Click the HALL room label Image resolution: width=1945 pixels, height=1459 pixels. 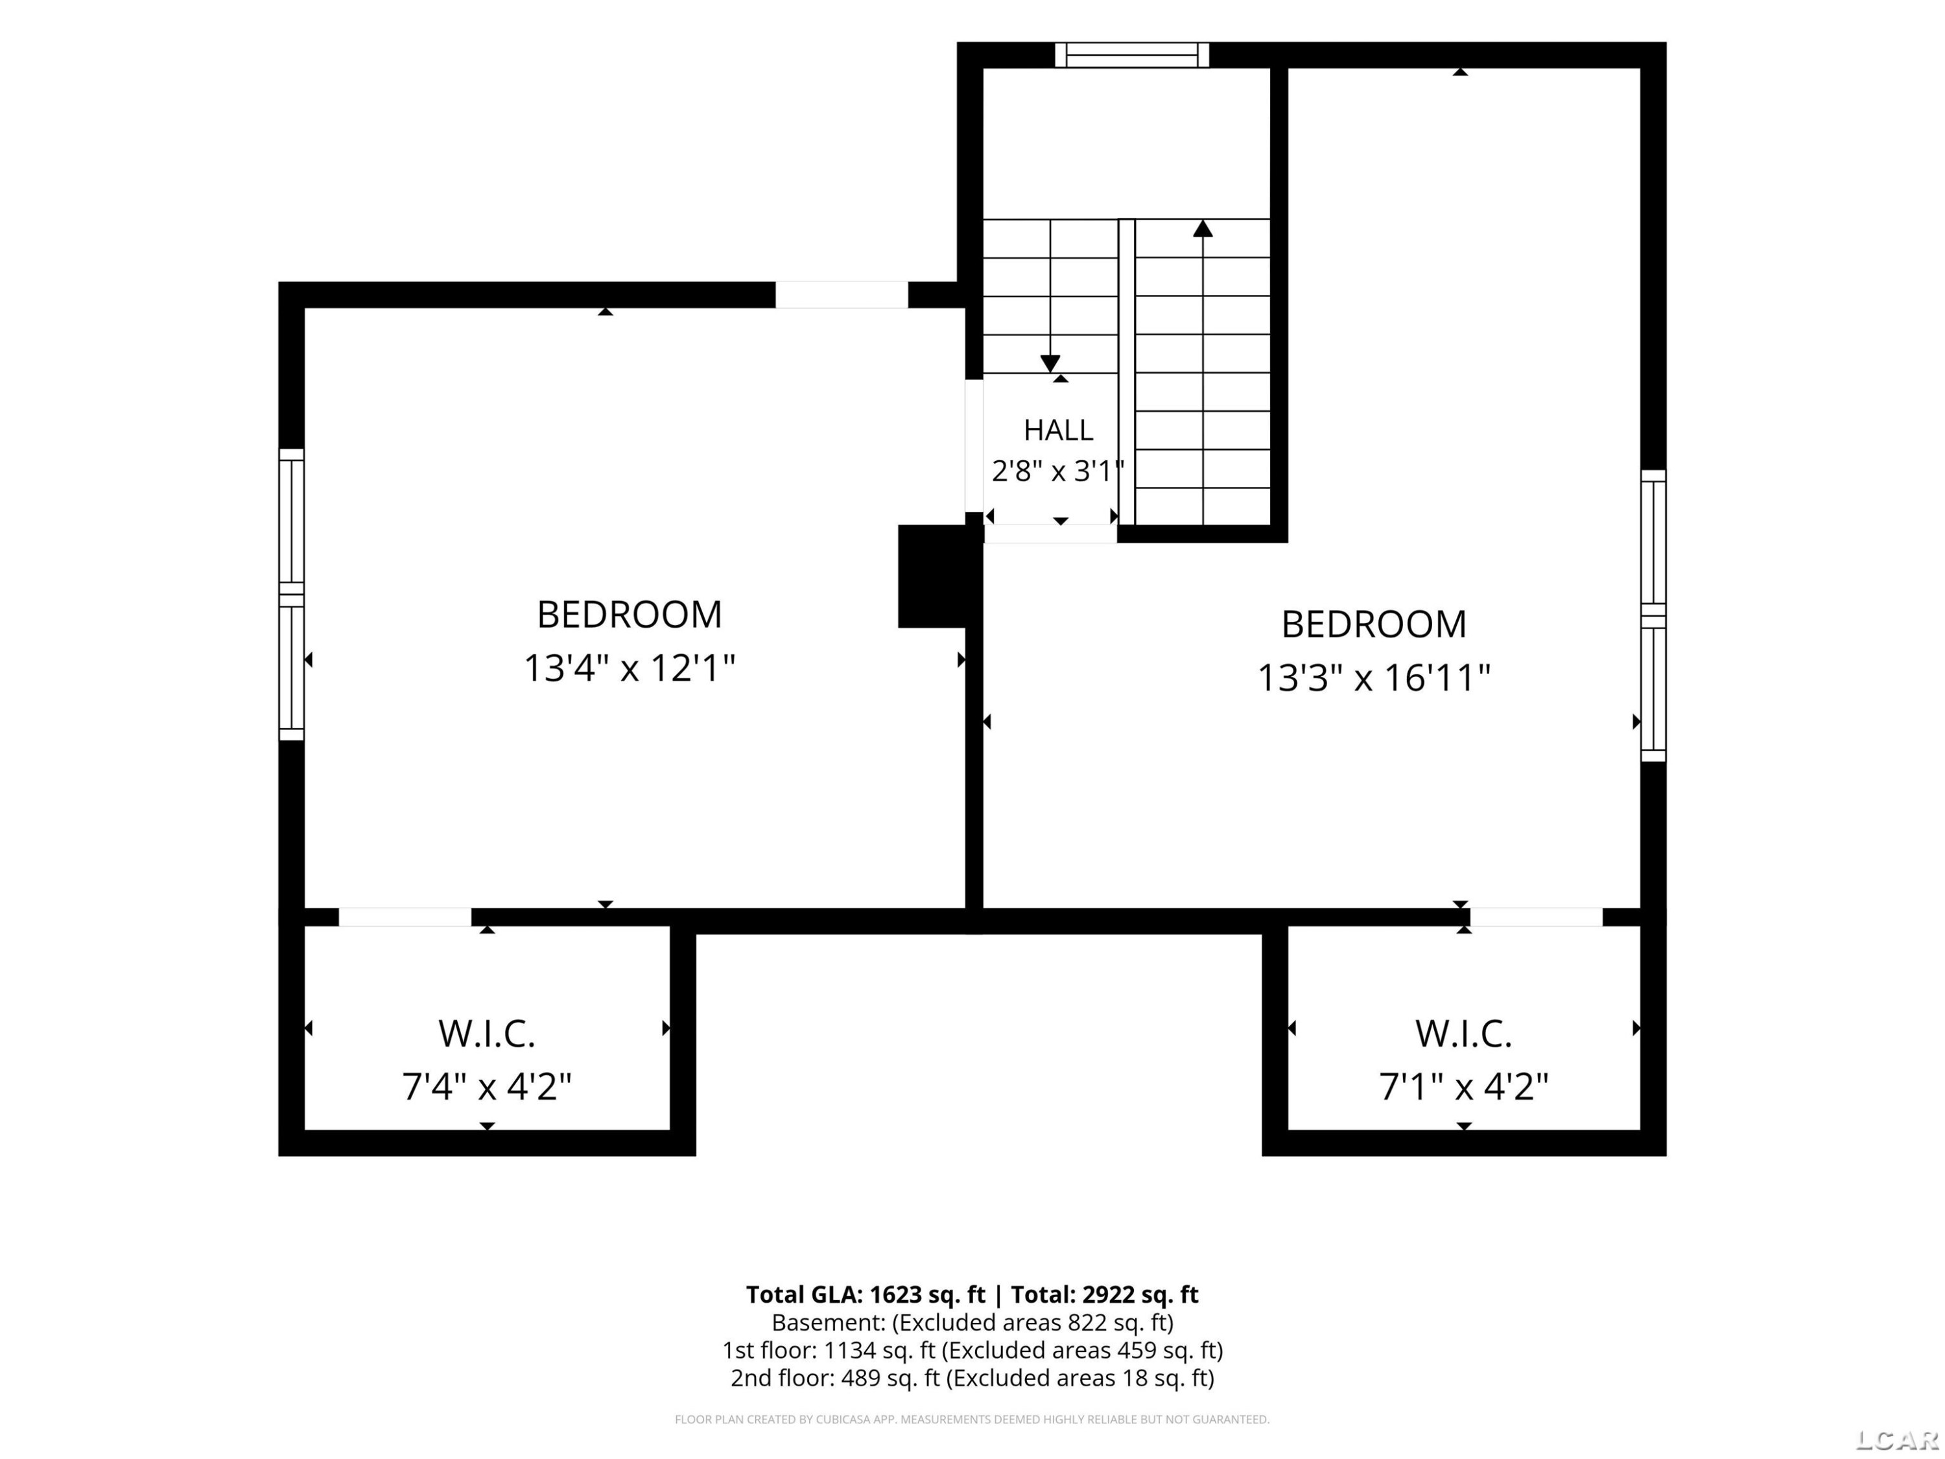pos(1058,430)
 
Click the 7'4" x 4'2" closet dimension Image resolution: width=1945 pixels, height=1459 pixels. pos(486,1087)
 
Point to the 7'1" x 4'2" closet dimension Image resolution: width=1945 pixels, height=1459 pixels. pos(1463,1087)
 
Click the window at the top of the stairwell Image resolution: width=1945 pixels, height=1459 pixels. pos(1131,54)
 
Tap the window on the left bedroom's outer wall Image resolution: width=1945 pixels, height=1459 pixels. pos(291,595)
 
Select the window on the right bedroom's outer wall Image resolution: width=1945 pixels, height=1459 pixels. pos(1653,615)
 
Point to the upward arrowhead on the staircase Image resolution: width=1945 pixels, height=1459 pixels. pos(1203,229)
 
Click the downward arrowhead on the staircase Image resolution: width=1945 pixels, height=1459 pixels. pos(1050,363)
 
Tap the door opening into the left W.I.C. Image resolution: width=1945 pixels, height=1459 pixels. pos(405,916)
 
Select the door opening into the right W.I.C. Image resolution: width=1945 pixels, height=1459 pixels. pos(1536,916)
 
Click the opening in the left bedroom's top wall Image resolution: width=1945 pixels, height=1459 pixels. pos(842,294)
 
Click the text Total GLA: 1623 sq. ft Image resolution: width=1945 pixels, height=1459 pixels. pos(866,1294)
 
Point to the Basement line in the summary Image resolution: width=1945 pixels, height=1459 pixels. pos(972,1323)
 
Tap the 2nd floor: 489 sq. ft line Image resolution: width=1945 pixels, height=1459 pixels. pos(972,1378)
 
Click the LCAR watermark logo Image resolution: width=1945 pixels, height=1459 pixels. pos(1896,1440)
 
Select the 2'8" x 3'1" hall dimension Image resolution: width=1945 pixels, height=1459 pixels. pos(1058,471)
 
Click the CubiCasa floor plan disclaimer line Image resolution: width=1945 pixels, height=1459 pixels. pos(972,1419)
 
